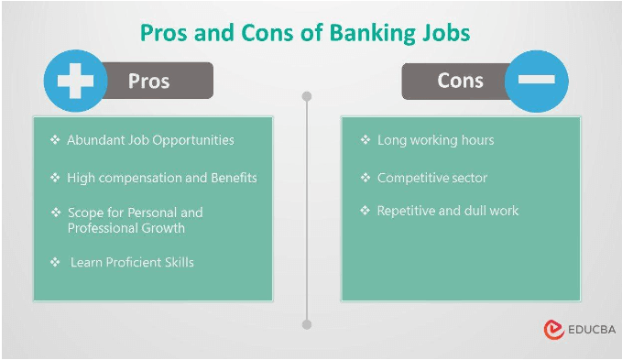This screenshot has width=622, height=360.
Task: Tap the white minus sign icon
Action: (x=536, y=81)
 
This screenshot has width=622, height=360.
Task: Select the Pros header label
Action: (x=148, y=81)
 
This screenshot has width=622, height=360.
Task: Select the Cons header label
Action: (x=460, y=81)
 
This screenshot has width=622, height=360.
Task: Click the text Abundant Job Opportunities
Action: (x=150, y=140)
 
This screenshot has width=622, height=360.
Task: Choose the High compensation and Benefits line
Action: (x=162, y=177)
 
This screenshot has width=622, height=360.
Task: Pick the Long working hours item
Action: (x=435, y=140)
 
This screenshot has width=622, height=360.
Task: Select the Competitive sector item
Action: (x=432, y=177)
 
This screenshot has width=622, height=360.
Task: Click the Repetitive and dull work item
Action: (x=448, y=211)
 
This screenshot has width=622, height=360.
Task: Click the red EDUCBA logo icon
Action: (x=552, y=330)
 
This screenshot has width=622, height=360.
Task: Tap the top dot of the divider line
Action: (x=307, y=95)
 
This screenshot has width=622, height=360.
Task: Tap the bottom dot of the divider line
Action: (x=307, y=324)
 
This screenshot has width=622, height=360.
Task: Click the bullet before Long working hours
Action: (x=365, y=140)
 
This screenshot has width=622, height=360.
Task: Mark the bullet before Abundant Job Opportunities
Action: (x=55, y=140)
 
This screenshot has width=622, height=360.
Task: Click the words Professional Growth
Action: (x=126, y=228)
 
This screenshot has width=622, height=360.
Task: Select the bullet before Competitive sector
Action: (x=365, y=177)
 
